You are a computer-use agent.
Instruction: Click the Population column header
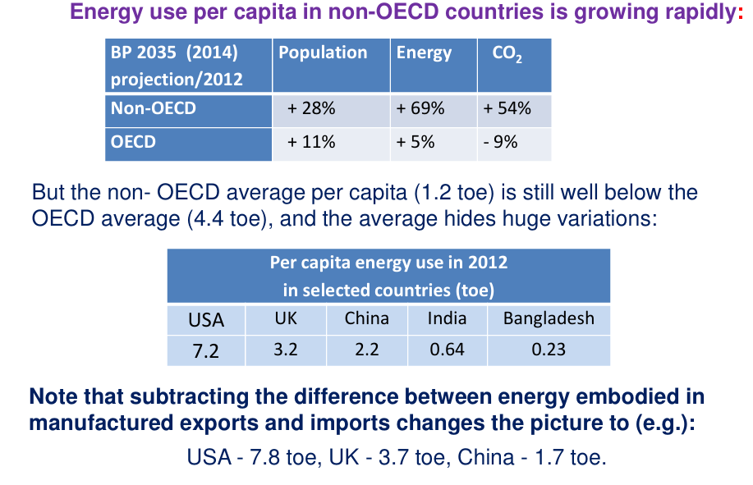[x=323, y=53]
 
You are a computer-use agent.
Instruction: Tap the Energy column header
[x=424, y=53]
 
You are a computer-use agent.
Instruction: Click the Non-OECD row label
[x=154, y=108]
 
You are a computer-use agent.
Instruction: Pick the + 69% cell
[x=420, y=108]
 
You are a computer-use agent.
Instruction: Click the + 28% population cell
[x=311, y=108]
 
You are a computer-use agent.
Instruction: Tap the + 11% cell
[x=311, y=142]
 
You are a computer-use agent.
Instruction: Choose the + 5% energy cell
[x=416, y=142]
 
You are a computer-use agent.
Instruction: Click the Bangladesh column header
[x=549, y=318]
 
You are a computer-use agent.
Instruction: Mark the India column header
[x=447, y=318]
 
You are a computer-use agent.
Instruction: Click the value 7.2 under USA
[x=205, y=350]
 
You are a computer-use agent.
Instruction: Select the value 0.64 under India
[x=447, y=350]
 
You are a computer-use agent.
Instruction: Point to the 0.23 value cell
[x=549, y=350]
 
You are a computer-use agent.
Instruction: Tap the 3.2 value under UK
[x=285, y=350]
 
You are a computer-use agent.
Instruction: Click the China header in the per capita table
[x=366, y=318]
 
